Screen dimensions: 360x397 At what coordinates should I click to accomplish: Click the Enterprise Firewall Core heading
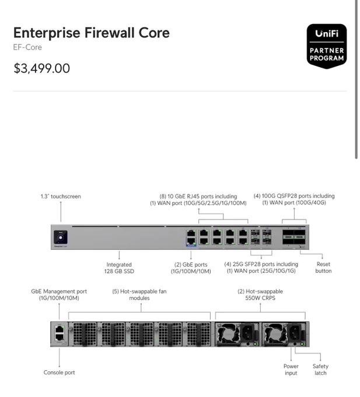92,33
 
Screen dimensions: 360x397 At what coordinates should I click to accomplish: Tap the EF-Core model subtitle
27,47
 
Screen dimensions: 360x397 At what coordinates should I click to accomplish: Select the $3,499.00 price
42,68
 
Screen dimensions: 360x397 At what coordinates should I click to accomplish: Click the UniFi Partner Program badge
327,46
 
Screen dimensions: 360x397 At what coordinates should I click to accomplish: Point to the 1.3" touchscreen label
61,197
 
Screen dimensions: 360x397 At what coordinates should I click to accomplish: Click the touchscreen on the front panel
61,237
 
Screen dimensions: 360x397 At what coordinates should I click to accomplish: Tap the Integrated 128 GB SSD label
119,268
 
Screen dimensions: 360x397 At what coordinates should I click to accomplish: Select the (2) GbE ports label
191,268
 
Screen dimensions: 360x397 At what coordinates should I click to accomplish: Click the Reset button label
323,267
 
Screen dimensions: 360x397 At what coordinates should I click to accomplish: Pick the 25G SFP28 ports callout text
261,267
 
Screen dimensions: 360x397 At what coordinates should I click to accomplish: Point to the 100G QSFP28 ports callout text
294,199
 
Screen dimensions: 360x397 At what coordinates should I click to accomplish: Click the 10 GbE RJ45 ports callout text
198,200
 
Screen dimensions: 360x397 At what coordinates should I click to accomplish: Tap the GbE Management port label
59,295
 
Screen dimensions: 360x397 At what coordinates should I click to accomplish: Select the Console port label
59,372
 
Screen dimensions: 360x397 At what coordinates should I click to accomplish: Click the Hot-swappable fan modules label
139,295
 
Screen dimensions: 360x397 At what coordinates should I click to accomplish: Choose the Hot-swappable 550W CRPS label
260,295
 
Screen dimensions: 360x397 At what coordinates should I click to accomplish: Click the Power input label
291,370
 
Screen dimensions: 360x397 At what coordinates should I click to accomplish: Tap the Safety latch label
320,370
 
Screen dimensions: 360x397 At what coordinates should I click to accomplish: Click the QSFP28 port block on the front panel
294,237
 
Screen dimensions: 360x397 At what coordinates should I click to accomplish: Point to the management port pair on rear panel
60,333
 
